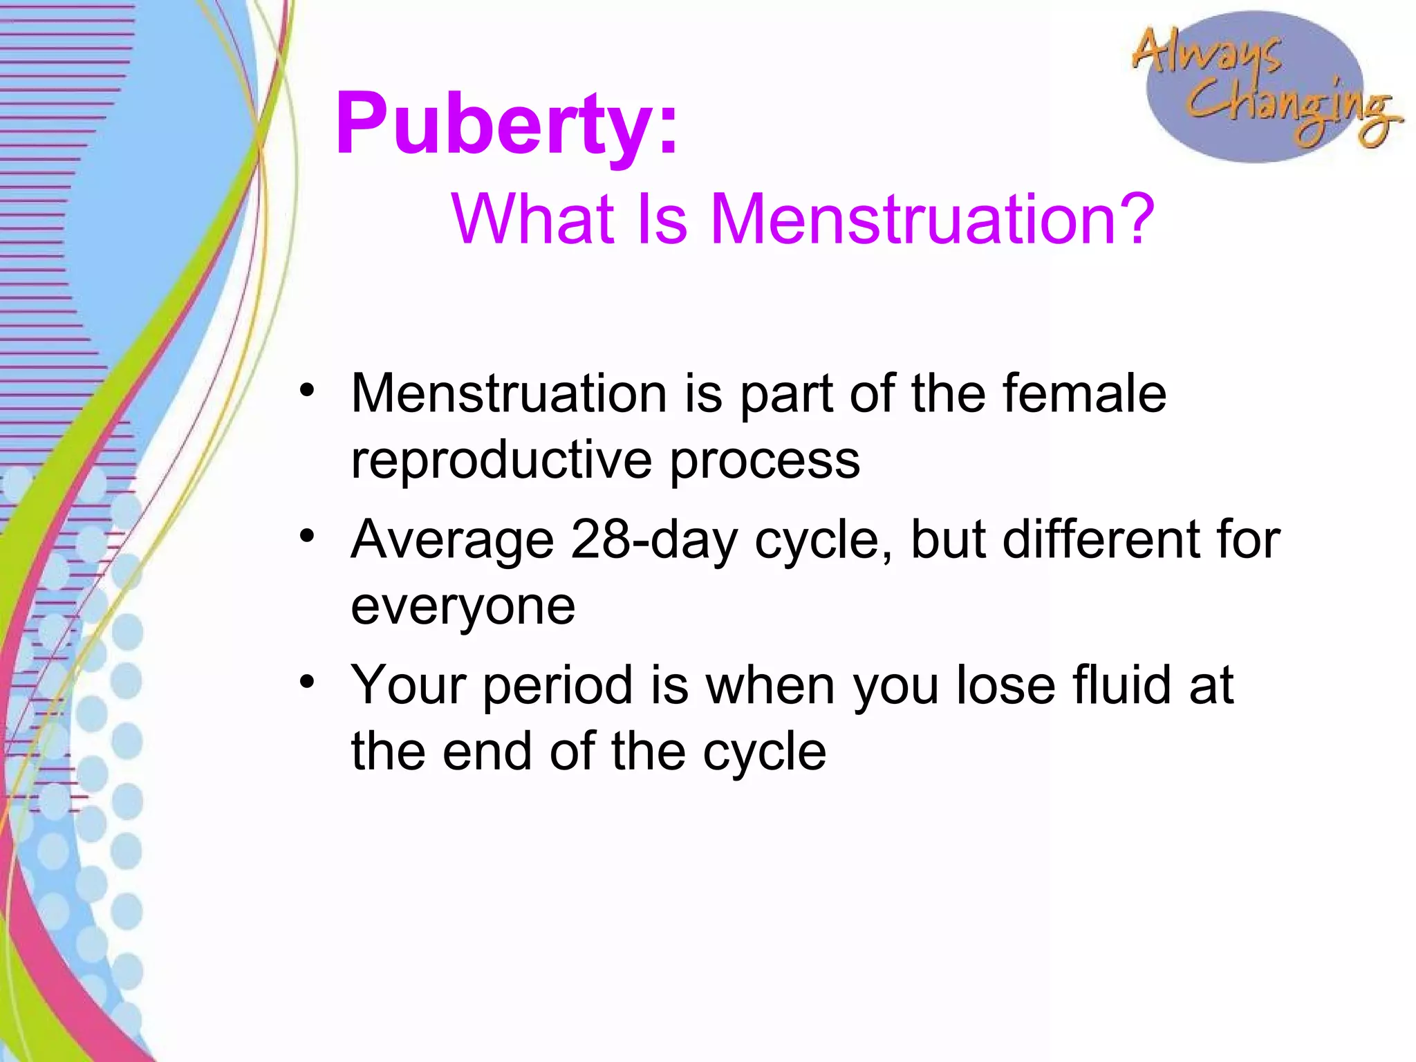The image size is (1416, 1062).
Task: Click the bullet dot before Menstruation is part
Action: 307,390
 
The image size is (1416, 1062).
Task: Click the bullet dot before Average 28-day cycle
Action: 307,536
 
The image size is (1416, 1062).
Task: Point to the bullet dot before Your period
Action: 307,682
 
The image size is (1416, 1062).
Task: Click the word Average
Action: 452,539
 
